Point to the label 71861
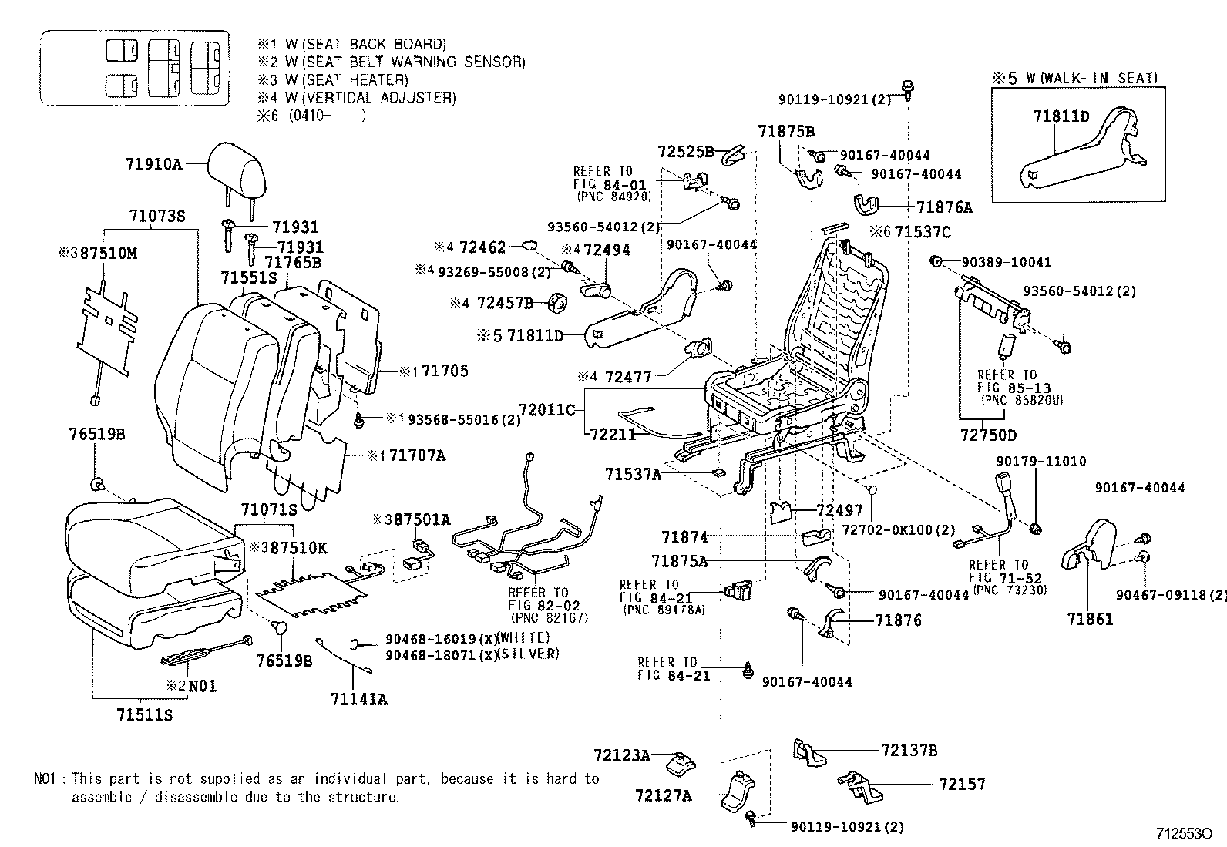coord(1090,619)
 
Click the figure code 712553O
coord(1184,834)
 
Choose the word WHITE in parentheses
coord(524,638)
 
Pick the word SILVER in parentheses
coord(528,654)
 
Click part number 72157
coord(963,784)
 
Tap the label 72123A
coord(622,755)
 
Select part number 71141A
coord(358,700)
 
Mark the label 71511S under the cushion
coord(144,715)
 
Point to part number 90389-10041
coord(1007,262)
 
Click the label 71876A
coord(944,207)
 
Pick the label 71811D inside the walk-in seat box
coord(1061,116)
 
